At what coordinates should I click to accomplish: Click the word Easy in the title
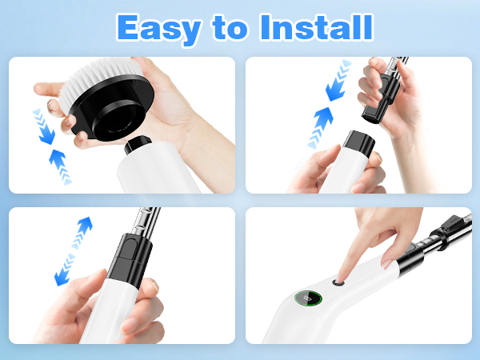[x=156, y=28]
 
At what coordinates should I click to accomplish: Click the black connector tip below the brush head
[x=139, y=149]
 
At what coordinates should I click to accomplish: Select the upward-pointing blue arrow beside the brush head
[x=61, y=160]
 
